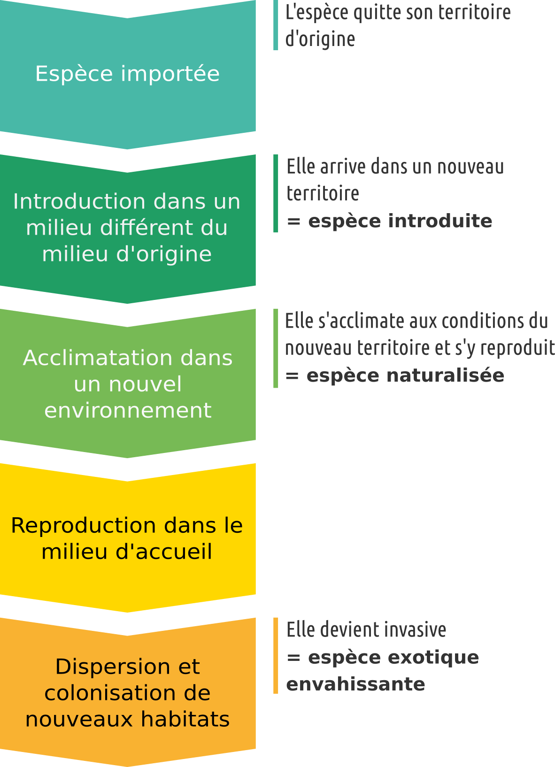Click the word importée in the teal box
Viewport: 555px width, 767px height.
click(170, 74)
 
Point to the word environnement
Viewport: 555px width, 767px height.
click(128, 410)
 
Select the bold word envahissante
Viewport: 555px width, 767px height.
click(355, 684)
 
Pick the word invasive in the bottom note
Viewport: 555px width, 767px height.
click(420, 629)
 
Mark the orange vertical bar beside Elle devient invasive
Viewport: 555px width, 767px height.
click(276, 655)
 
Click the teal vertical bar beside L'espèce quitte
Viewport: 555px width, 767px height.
click(276, 25)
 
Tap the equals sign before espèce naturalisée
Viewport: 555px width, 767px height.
click(292, 376)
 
